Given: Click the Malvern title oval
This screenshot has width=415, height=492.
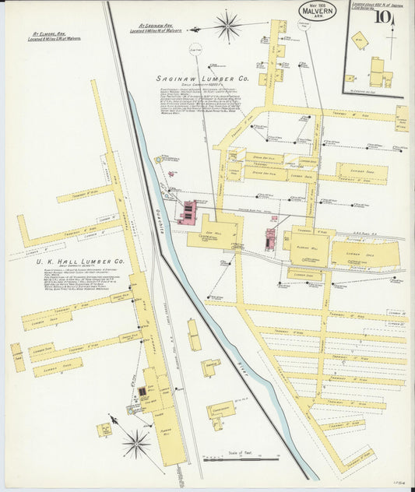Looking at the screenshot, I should [318, 11].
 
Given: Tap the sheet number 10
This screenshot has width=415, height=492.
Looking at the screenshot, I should [383, 16].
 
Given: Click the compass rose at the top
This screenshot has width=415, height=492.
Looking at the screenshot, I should [228, 26].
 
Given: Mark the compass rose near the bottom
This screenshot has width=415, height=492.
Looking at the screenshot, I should [135, 444].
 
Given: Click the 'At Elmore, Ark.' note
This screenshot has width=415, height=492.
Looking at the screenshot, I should [56, 36].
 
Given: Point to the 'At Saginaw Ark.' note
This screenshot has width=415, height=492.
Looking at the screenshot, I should [167, 28].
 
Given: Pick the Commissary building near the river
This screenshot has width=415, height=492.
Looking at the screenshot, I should [221, 410].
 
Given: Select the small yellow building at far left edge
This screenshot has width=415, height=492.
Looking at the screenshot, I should [17, 357].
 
